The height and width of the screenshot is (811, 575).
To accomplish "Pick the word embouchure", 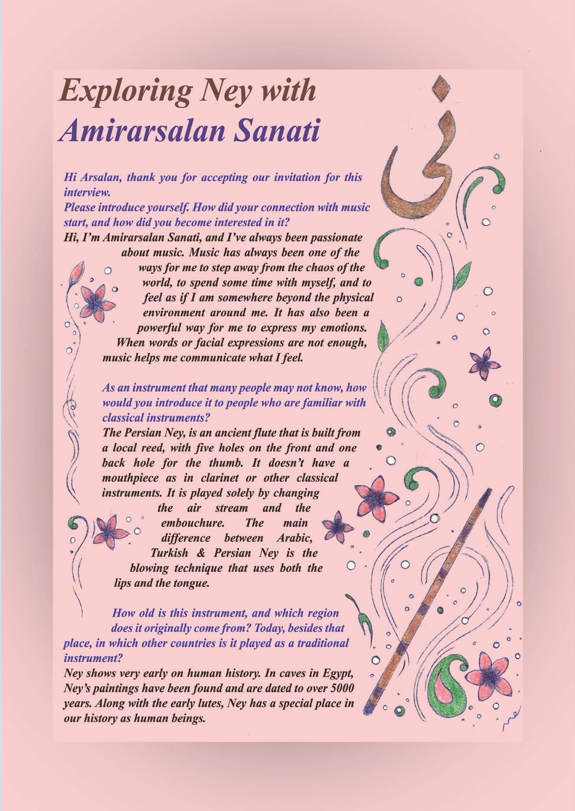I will [x=193, y=523].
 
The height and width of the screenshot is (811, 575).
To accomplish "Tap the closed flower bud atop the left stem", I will [x=78, y=271].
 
